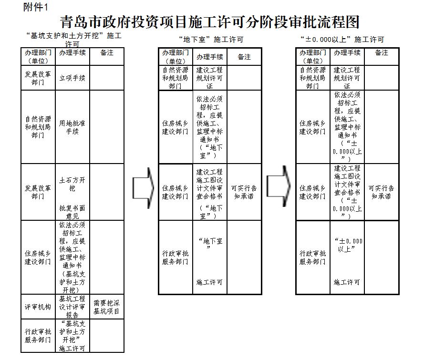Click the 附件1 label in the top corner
pos(35,7)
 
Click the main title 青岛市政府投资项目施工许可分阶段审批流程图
pos(209,22)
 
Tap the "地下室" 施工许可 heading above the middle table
pos(211,40)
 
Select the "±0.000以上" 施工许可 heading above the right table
pos(342,40)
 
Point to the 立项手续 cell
pos(72,78)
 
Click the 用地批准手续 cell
pos(72,127)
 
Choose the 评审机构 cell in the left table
pos(38,307)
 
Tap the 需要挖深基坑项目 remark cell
pos(106,307)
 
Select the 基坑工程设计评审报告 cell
pos(72,307)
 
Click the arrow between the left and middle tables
pos(143,188)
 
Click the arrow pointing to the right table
pos(279,186)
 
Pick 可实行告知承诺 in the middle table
pos(244,192)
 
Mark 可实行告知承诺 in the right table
pos(381,192)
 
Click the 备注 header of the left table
pos(107,53)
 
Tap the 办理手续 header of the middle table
pos(209,57)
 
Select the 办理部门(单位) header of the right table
pos(313,57)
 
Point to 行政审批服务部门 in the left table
pos(38,336)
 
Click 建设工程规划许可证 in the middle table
pos(209,78)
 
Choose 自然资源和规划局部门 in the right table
pos(312,78)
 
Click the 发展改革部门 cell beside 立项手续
pos(38,78)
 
